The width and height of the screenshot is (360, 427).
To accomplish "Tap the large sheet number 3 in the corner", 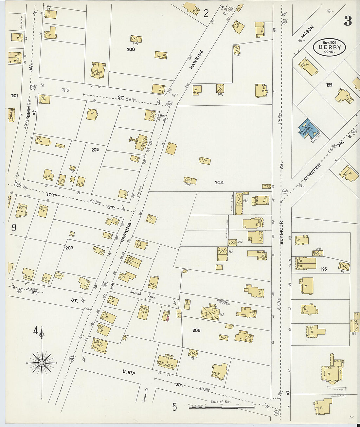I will coord(348,21).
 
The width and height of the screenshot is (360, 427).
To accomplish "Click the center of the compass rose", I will coord(42,363).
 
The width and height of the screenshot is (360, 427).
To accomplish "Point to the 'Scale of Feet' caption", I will coord(221,402).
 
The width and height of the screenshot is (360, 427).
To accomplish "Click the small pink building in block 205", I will coord(167,317).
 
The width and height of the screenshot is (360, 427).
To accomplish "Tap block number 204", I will coord(219,183).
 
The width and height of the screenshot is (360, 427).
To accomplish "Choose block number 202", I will coord(95,150).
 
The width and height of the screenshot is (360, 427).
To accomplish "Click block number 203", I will coord(69,248).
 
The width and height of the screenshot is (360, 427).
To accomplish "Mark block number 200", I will coord(131,49).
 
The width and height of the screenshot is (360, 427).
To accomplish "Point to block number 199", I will coord(329,85).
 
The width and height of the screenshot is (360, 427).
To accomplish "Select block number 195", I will coord(324,269).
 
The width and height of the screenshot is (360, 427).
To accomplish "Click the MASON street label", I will coord(307,32).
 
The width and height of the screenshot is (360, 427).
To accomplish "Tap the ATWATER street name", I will coord(312,172).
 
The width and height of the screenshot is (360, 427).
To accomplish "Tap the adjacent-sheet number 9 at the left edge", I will coord(14,227).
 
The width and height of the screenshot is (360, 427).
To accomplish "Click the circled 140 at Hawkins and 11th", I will coord(169,104).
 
